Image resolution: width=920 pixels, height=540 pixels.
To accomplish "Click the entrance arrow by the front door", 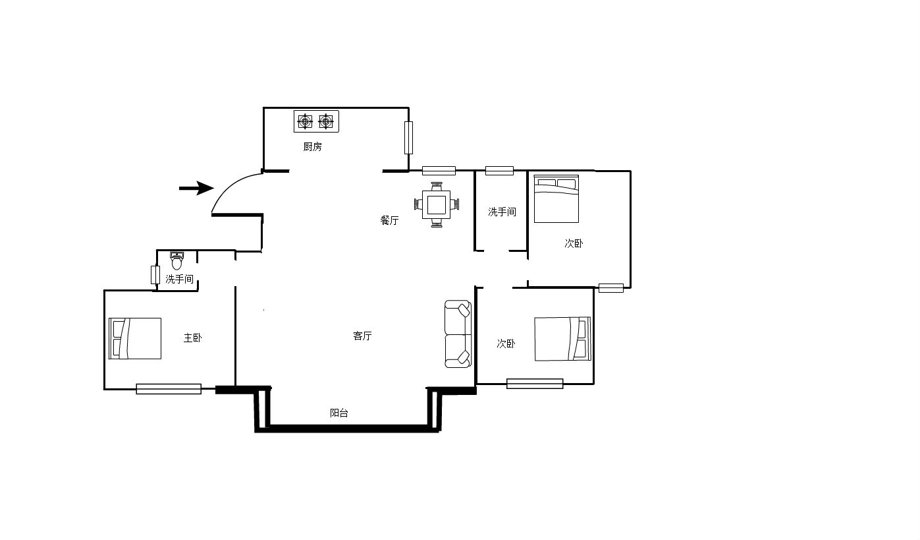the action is click(196, 189).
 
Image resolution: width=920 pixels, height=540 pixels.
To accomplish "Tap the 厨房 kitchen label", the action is click(313, 147).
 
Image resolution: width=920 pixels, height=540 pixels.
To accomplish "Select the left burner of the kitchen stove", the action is click(305, 122).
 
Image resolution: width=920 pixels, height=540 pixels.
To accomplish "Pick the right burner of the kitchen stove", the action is click(326, 122).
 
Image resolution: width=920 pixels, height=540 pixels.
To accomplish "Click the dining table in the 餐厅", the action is click(436, 204).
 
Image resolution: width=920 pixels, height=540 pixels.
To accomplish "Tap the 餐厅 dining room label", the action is click(389, 220).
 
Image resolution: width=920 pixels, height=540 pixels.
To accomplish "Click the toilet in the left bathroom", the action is click(177, 260).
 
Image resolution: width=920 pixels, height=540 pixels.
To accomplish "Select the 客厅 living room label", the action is click(362, 336).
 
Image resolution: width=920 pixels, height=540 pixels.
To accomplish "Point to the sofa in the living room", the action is click(458, 334).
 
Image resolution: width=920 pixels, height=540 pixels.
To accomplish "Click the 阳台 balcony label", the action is click(339, 413).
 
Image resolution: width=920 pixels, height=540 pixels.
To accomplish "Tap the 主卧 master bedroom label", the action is click(192, 338).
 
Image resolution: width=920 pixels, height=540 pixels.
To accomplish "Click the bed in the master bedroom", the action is click(135, 338).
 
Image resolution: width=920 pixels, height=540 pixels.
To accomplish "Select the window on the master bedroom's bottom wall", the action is click(169, 389).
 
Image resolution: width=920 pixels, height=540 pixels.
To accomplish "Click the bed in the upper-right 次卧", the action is click(556, 199).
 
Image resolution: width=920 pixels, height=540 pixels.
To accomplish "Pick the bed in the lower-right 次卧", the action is click(562, 339).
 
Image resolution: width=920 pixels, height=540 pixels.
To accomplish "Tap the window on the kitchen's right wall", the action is click(408, 138).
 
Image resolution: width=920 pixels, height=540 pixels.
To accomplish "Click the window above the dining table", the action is click(439, 171).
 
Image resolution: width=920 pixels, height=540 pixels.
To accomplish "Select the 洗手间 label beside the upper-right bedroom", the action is click(502, 212).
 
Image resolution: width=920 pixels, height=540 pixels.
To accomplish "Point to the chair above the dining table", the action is click(437, 187).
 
